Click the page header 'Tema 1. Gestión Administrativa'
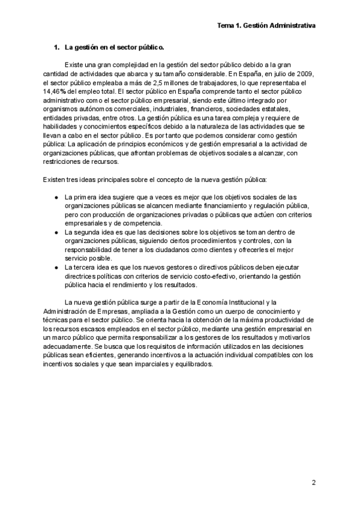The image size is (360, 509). pos(266,26)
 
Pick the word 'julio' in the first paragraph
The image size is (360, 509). pos(274,73)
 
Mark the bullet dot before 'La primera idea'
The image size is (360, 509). pos(56,197)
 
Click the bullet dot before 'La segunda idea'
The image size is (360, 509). pos(56,232)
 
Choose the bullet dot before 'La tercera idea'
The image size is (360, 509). pos(56,267)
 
